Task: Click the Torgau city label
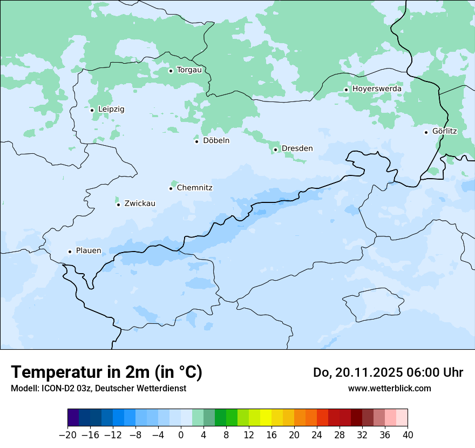tap(189, 70)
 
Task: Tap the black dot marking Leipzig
tap(92, 110)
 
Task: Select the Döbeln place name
tap(216, 141)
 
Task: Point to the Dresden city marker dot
tap(275, 150)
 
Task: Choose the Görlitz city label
tap(445, 131)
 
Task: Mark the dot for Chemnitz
tap(171, 188)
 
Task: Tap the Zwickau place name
tap(140, 203)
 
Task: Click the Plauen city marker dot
tap(70, 252)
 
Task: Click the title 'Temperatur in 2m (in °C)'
tap(107, 372)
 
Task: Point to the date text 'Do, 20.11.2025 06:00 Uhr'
tap(388, 372)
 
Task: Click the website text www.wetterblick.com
tap(390, 389)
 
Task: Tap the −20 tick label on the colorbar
tap(67, 435)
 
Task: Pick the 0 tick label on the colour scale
tap(181, 435)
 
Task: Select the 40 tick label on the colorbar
tap(408, 435)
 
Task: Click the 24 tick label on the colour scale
tap(317, 435)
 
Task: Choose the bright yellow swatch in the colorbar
tap(266, 418)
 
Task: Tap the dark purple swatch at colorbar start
tap(73, 418)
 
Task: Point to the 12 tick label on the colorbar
tap(249, 435)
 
